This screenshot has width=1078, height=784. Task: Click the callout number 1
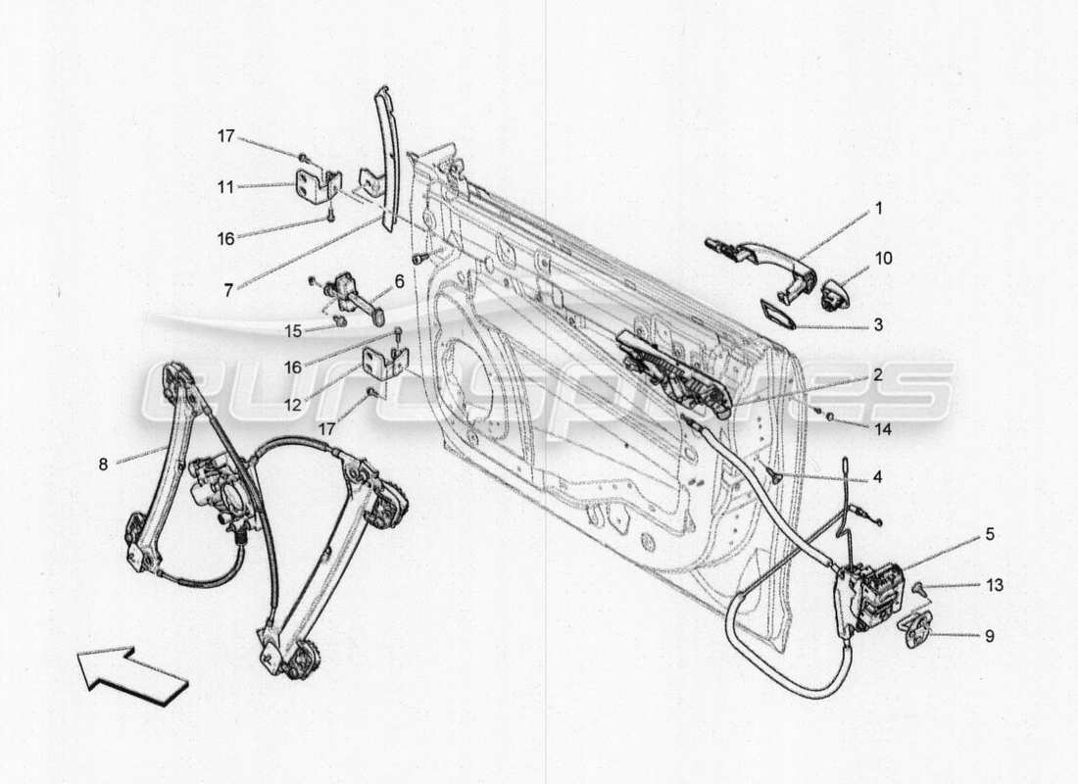879,209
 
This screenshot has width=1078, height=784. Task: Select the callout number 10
883,259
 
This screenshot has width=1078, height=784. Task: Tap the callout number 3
879,323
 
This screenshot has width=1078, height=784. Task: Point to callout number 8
103,465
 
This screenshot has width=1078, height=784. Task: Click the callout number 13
995,586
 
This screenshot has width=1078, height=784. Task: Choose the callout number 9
989,636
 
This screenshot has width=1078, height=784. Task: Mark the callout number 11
226,186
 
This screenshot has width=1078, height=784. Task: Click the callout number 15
293,331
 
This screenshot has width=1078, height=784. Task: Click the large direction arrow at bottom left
132,675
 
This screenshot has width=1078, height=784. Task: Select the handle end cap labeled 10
834,292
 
